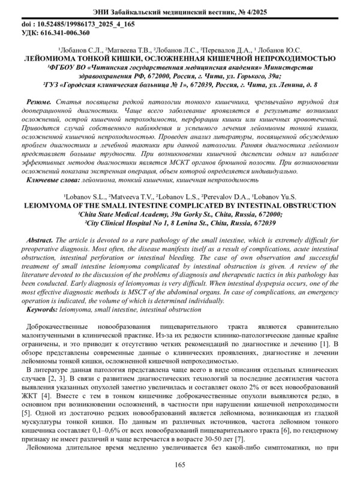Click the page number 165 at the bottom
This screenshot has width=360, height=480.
(179, 466)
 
